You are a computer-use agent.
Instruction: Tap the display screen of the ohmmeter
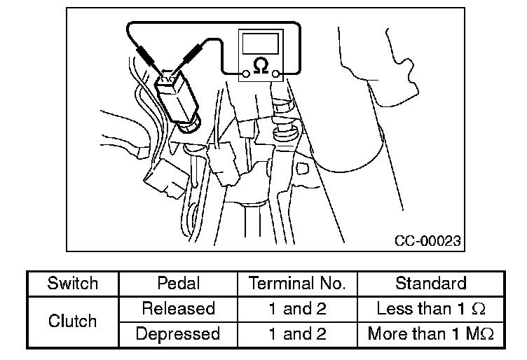click(x=260, y=43)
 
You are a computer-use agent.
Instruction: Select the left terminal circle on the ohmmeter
click(x=245, y=73)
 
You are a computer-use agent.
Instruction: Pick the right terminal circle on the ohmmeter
click(x=276, y=73)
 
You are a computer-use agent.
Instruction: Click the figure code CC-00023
click(x=427, y=241)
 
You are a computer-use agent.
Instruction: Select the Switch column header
click(x=72, y=284)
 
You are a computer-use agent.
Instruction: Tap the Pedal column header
click(x=177, y=284)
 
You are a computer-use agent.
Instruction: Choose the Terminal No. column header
click(x=297, y=284)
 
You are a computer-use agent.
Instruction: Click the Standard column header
click(x=430, y=284)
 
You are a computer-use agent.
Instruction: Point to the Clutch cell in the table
click(x=72, y=321)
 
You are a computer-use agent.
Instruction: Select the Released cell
click(x=177, y=309)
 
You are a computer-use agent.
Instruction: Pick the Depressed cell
click(x=177, y=334)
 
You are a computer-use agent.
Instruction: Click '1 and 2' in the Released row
click(x=297, y=309)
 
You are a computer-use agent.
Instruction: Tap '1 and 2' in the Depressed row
click(x=297, y=334)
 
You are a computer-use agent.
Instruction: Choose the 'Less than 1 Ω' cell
click(x=430, y=309)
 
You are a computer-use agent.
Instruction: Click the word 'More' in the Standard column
click(x=384, y=334)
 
